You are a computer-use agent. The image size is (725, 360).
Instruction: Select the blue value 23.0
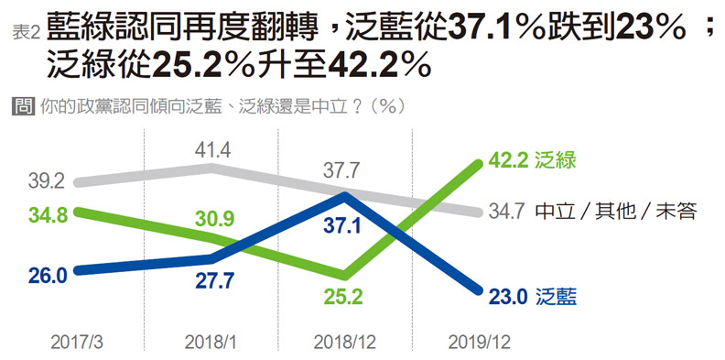[x=509, y=295]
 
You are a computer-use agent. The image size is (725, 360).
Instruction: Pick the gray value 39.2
[x=49, y=181]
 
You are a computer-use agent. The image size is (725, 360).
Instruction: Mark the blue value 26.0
[x=49, y=275]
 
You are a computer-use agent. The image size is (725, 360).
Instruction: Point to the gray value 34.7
[x=507, y=213]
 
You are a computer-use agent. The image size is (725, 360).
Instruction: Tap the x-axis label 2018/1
[x=211, y=342]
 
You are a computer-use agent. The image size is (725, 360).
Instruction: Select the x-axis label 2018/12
[x=343, y=342]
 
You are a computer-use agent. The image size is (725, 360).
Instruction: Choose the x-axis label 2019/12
[x=479, y=342]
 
